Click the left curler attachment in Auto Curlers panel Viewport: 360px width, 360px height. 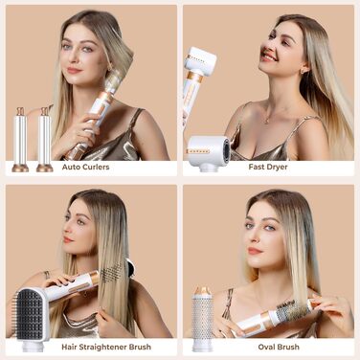click(x=20, y=139)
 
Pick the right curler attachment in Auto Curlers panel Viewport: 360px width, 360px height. click(x=44, y=139)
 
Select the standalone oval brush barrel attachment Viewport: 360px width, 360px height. click(x=203, y=311)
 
